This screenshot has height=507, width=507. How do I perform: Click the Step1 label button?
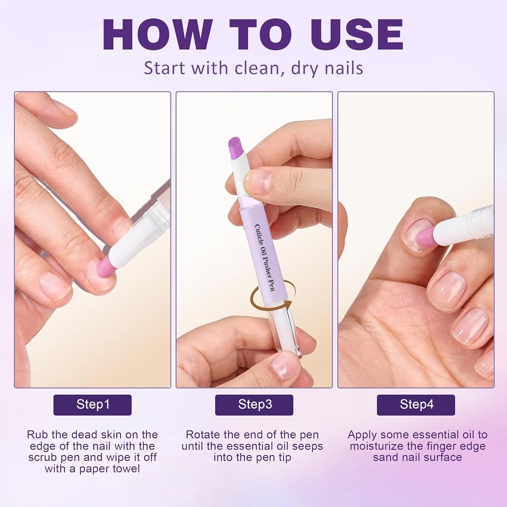[x=92, y=405]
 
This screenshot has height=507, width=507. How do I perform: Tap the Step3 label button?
[x=254, y=405]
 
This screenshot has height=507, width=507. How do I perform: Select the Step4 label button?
[x=416, y=405]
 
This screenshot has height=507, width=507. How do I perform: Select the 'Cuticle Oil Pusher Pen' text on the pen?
[x=265, y=257]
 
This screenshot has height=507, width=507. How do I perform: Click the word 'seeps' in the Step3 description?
[x=307, y=447]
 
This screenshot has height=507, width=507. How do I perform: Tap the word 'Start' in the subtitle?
[x=165, y=68]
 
